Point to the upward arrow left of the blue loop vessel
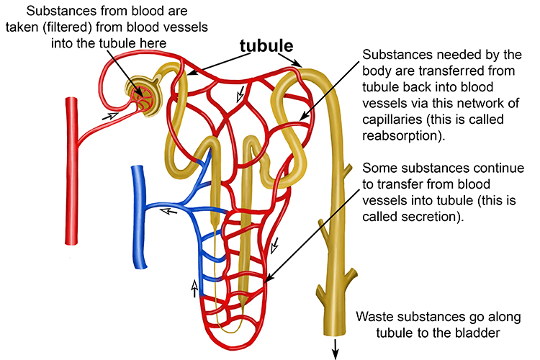tap(193, 289)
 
